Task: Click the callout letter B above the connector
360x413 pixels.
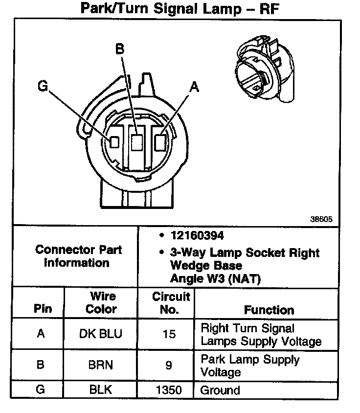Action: tap(120, 49)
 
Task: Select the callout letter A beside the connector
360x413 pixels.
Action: tap(195, 87)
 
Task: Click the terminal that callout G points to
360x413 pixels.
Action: tap(114, 142)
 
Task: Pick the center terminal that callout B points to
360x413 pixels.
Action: tap(137, 142)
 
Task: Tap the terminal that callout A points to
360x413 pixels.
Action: tap(159, 142)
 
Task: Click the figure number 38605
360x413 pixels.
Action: tap(321, 220)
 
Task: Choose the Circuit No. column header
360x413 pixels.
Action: tap(171, 302)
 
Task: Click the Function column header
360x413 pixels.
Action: tap(269, 310)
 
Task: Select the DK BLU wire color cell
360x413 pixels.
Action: tap(100, 334)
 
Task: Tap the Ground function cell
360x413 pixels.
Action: tap(221, 390)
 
